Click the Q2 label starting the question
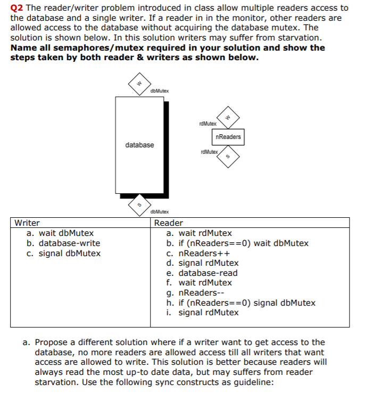pos(16,7)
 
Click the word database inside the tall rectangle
pos(139,145)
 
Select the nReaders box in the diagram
pos(228,137)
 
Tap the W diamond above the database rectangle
pos(138,83)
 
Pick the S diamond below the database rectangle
pos(139,204)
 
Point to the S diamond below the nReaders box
pos(228,157)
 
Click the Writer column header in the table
pos(27,223)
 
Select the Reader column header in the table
pos(168,223)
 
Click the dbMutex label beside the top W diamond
pos(160,91)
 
